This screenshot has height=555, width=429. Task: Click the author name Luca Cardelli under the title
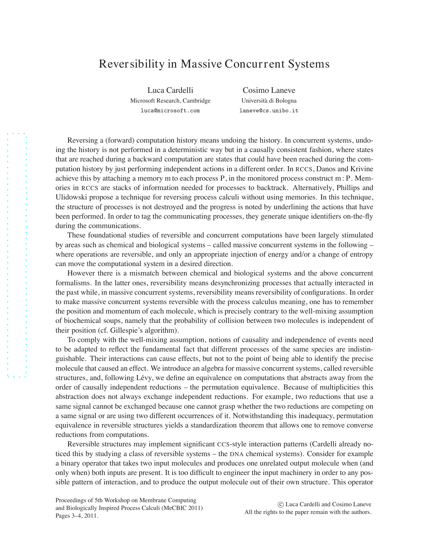pyautogui.click(x=170, y=90)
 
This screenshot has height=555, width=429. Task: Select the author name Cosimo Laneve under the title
pyautogui.click(x=269, y=90)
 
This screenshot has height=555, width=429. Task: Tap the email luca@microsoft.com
pyautogui.click(x=170, y=111)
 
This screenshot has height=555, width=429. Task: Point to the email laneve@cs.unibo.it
pyautogui.click(x=269, y=111)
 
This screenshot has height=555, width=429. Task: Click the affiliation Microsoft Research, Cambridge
pyautogui.click(x=170, y=101)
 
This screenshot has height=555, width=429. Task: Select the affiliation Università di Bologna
pyautogui.click(x=269, y=101)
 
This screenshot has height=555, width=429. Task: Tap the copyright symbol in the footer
pyautogui.click(x=281, y=505)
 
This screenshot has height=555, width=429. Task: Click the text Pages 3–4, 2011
pyautogui.click(x=77, y=516)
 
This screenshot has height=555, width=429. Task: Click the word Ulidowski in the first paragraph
pyautogui.click(x=69, y=197)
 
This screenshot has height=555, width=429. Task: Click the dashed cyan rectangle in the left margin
pyautogui.click(x=17, y=255)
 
